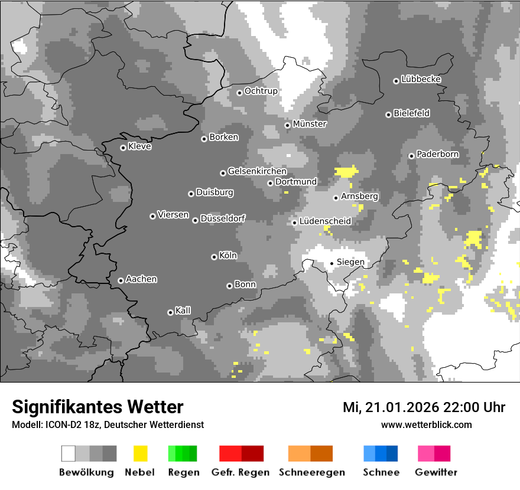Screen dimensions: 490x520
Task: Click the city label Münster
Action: point(310,124)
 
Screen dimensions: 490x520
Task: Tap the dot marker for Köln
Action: point(214,257)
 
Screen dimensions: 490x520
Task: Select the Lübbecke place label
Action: point(421,79)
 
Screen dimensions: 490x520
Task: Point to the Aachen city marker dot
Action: point(121,280)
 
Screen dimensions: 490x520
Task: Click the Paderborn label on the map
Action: point(437,154)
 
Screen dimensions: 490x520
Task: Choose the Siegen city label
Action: point(350,262)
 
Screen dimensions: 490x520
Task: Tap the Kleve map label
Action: point(139,146)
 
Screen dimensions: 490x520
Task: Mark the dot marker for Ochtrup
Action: point(239,92)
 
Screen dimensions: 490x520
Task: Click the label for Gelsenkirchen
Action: point(257,171)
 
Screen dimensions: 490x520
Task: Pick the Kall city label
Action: point(183,311)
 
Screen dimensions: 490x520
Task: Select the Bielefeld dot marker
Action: point(388,115)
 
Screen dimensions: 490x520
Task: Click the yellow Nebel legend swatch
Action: point(140,453)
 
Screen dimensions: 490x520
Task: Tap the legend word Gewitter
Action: point(435,472)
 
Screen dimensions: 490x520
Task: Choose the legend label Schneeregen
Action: point(311,472)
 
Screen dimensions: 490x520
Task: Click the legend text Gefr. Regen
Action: point(240,472)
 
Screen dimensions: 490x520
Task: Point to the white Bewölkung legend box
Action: point(68,453)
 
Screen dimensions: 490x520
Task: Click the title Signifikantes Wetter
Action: point(97,407)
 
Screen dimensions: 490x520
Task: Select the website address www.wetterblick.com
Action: point(426,424)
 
